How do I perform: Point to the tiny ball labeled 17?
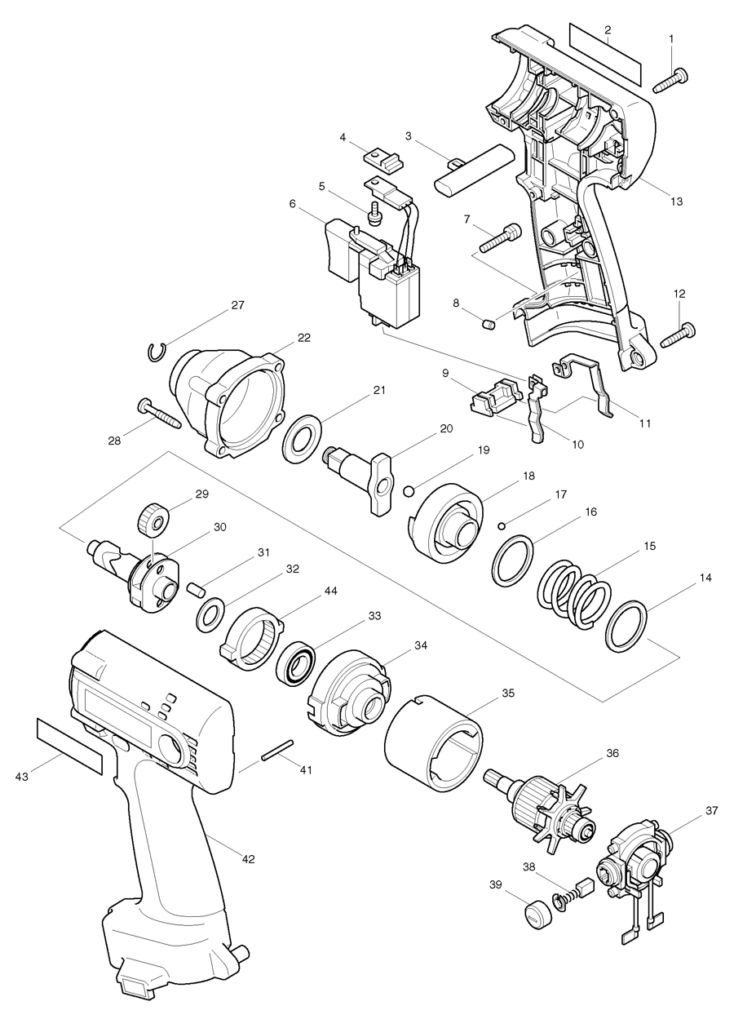(506, 525)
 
